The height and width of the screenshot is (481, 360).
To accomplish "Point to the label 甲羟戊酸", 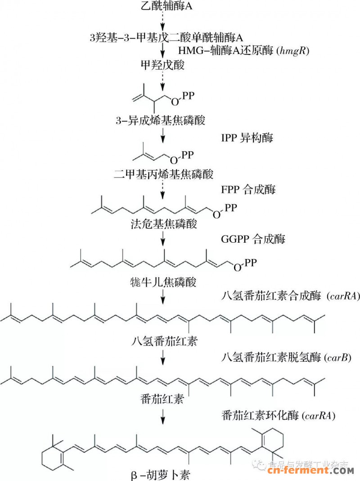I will coord(162,65).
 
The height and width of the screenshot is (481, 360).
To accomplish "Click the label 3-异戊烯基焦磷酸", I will coord(162,120).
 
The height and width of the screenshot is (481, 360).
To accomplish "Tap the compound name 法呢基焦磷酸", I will coord(162,224).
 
